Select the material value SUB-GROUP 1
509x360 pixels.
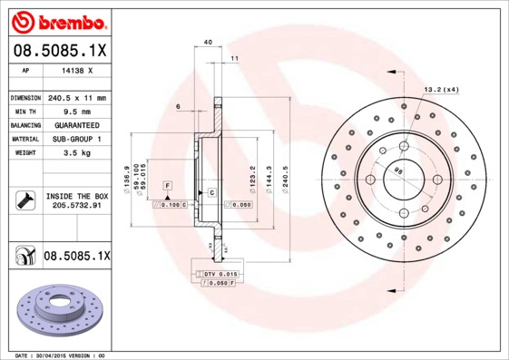76,138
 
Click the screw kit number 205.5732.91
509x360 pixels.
76,206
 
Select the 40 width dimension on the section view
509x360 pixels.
208,43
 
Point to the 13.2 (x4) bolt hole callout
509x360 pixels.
441,89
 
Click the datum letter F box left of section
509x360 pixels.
167,185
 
